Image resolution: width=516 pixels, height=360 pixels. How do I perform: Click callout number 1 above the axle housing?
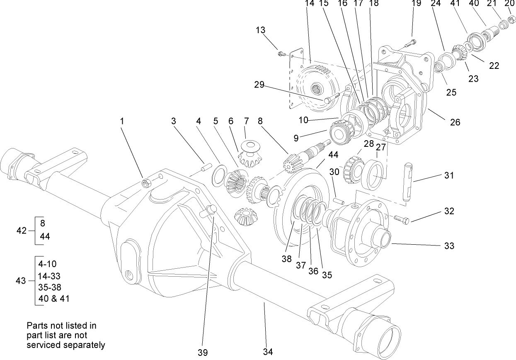coord(122,122)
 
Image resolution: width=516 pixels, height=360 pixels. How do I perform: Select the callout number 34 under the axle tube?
coord(268,352)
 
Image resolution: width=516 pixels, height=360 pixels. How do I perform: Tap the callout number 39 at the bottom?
coord(203,352)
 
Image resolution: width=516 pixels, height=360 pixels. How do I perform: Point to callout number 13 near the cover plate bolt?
coord(261,30)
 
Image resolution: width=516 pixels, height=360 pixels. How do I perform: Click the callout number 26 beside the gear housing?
coord(455,122)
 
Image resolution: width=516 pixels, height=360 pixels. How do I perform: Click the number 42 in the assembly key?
coord(22,231)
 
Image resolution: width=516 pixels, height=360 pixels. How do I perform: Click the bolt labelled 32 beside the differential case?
coord(401,219)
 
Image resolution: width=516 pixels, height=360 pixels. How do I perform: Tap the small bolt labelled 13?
coord(282,53)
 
